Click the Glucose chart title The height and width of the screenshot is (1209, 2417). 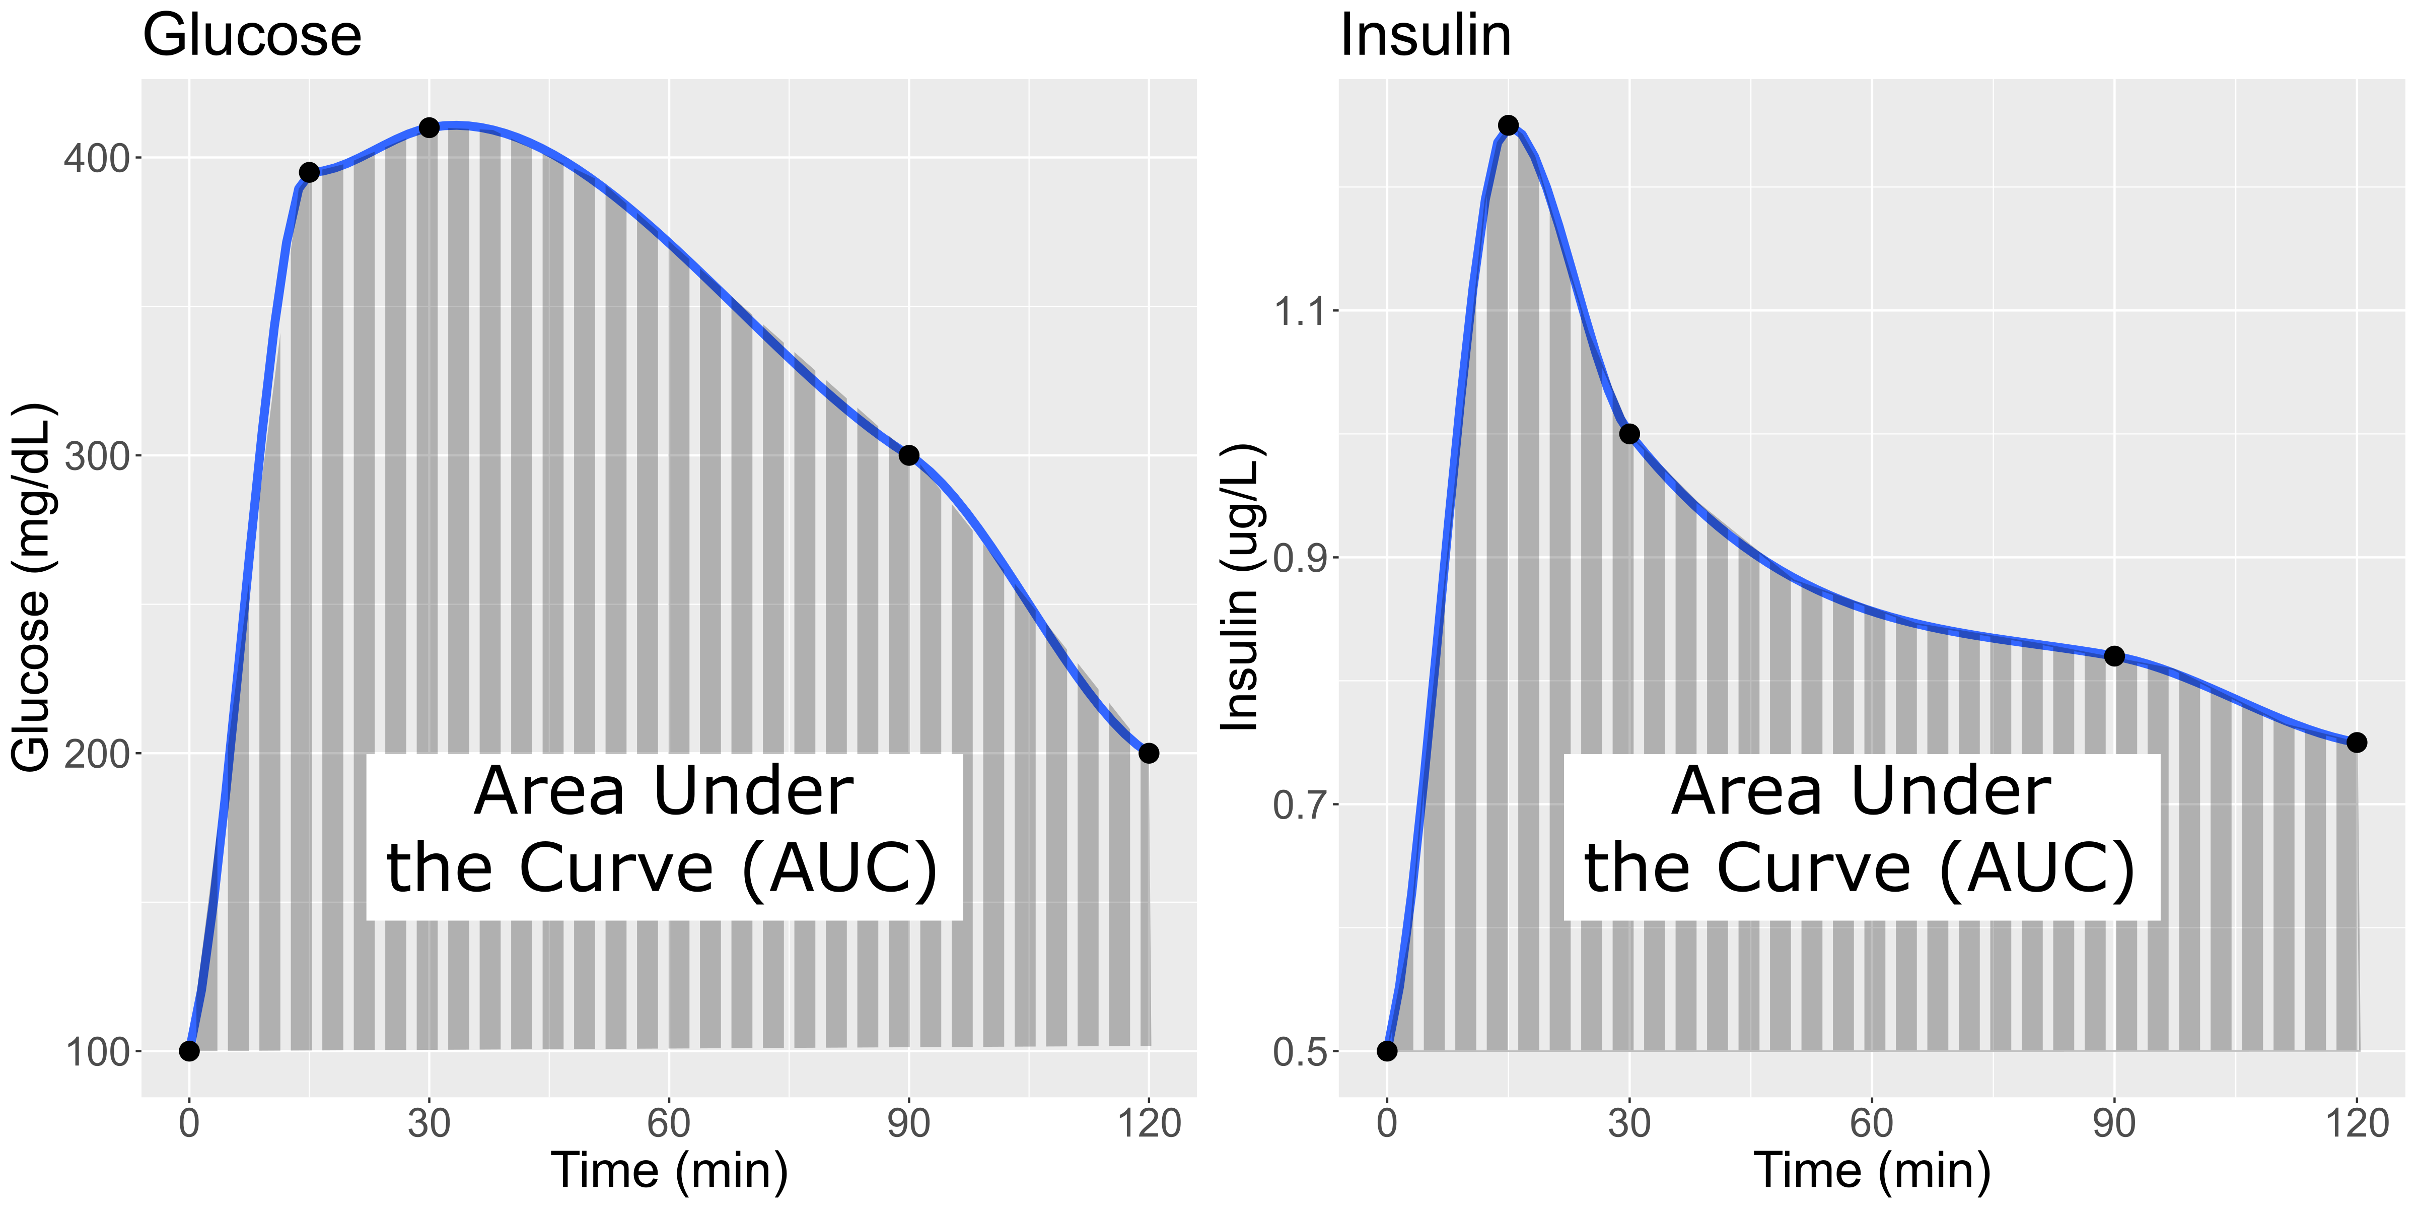251,36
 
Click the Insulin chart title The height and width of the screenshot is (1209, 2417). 1425,36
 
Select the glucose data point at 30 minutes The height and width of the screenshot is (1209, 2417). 429,127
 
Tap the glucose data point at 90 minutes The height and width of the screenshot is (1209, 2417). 908,455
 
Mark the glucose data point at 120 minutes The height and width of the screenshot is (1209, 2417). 1149,753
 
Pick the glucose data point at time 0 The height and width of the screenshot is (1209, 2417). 189,1050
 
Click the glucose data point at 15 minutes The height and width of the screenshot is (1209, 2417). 309,172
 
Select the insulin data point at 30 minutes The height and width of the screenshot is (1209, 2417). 1629,434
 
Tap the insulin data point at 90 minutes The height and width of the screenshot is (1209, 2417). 2114,656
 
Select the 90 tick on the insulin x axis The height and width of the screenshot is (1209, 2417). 2114,1123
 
